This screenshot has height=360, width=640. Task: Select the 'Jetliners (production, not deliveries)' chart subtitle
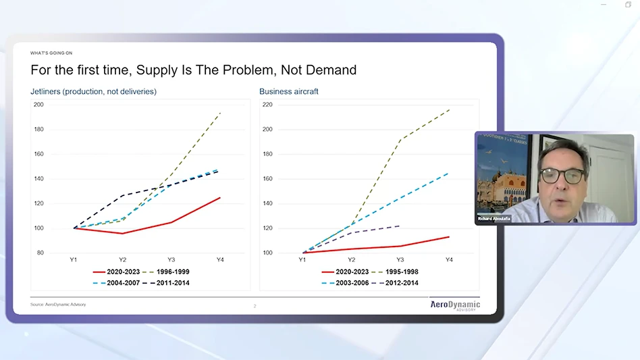(x=93, y=91)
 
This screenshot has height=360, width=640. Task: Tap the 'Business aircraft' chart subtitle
(x=288, y=91)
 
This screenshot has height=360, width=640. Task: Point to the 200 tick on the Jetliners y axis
(x=38, y=105)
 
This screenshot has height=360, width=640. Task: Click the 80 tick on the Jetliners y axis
(x=40, y=253)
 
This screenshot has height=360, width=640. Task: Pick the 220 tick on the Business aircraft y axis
(x=267, y=105)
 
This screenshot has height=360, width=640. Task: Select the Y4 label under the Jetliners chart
(x=220, y=259)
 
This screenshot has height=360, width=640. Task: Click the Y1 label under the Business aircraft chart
(x=302, y=259)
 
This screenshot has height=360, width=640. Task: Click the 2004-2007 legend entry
(x=122, y=283)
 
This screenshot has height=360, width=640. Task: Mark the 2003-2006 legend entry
(x=350, y=283)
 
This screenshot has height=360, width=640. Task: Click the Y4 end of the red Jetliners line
(x=220, y=197)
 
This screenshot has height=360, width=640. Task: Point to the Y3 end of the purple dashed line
(x=400, y=226)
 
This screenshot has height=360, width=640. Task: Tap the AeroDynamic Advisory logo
(x=455, y=305)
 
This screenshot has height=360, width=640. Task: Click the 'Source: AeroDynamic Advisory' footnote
(x=58, y=305)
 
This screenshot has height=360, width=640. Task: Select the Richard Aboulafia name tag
(x=494, y=219)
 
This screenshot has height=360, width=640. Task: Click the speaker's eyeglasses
(x=562, y=176)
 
